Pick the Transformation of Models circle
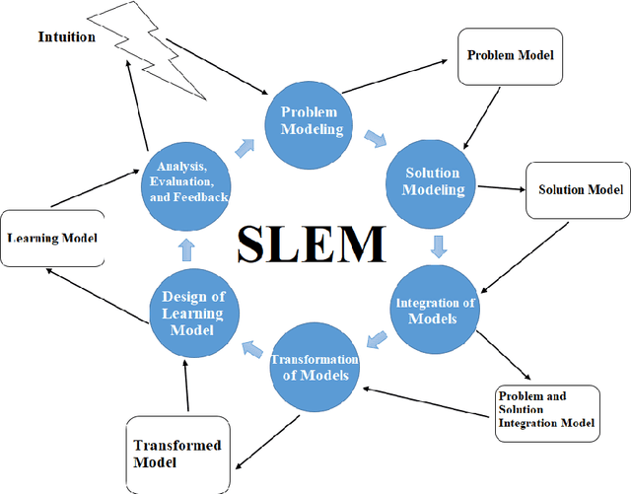click(315, 366)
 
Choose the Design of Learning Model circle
click(193, 314)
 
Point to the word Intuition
click(67, 37)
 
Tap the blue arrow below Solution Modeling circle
click(438, 244)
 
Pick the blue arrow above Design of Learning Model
click(192, 247)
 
